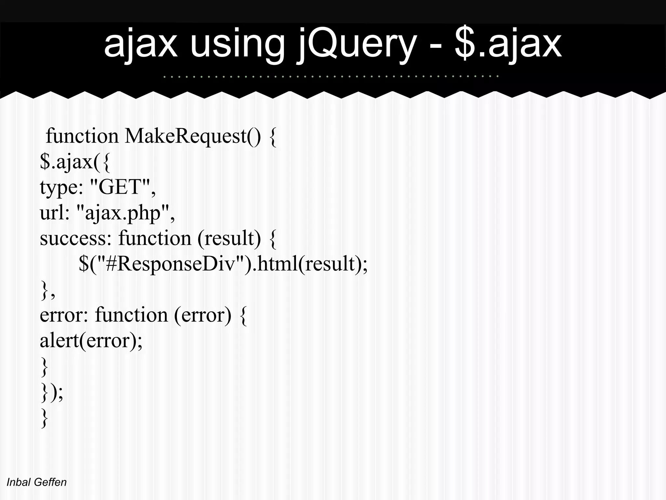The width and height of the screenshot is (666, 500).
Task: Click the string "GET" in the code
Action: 120,187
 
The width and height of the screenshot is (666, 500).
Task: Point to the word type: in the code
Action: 61,187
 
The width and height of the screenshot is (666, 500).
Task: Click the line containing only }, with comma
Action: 47,290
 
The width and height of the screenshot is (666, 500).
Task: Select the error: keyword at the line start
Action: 64,315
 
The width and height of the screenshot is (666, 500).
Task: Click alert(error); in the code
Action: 91,340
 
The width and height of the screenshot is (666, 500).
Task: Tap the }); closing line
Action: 52,392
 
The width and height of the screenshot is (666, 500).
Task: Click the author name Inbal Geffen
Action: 36,482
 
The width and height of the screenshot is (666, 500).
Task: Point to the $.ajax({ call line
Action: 75,162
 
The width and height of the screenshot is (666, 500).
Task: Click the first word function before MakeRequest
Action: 82,136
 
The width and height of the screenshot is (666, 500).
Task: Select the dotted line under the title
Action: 331,76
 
